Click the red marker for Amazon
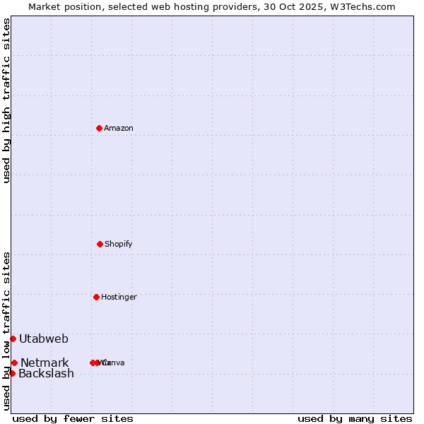[x=99, y=128]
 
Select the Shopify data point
[x=100, y=244]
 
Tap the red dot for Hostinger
[x=96, y=297]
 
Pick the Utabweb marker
[x=13, y=338]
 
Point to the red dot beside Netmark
[x=14, y=363]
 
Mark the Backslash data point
[x=12, y=373]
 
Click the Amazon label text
[x=118, y=128]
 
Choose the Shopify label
[x=118, y=244]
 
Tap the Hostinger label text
[x=118, y=297]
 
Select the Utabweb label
[x=44, y=338]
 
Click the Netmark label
[x=45, y=363]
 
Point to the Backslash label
[x=46, y=373]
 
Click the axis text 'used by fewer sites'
[x=72, y=418]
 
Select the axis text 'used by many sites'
[x=355, y=418]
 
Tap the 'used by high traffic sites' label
[x=6, y=100]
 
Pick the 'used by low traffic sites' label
[x=6, y=330]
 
